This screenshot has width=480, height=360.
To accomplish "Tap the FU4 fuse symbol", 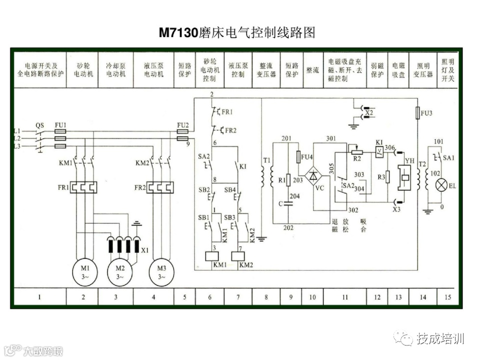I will pos(298,156).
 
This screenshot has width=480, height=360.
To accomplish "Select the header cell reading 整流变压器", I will pos(265,69).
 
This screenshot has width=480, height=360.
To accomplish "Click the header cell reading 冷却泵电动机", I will pos(115,69).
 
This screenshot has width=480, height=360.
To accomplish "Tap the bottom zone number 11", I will pos(344,297).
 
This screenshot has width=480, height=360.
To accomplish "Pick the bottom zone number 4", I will pos(153,297).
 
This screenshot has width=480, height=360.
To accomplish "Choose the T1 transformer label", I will pos(266,160).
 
